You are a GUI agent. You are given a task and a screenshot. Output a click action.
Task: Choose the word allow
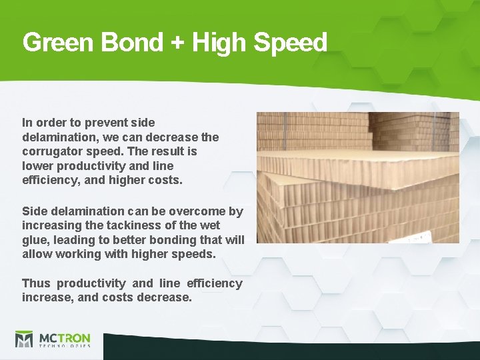coord(37,254)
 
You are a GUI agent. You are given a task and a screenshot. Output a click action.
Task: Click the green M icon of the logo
coord(24,340)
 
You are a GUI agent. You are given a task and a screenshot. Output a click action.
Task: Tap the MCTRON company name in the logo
coord(64,337)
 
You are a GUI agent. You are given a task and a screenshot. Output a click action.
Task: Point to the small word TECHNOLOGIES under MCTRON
coord(64,347)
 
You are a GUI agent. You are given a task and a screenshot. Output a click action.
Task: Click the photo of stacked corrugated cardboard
coord(357,177)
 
